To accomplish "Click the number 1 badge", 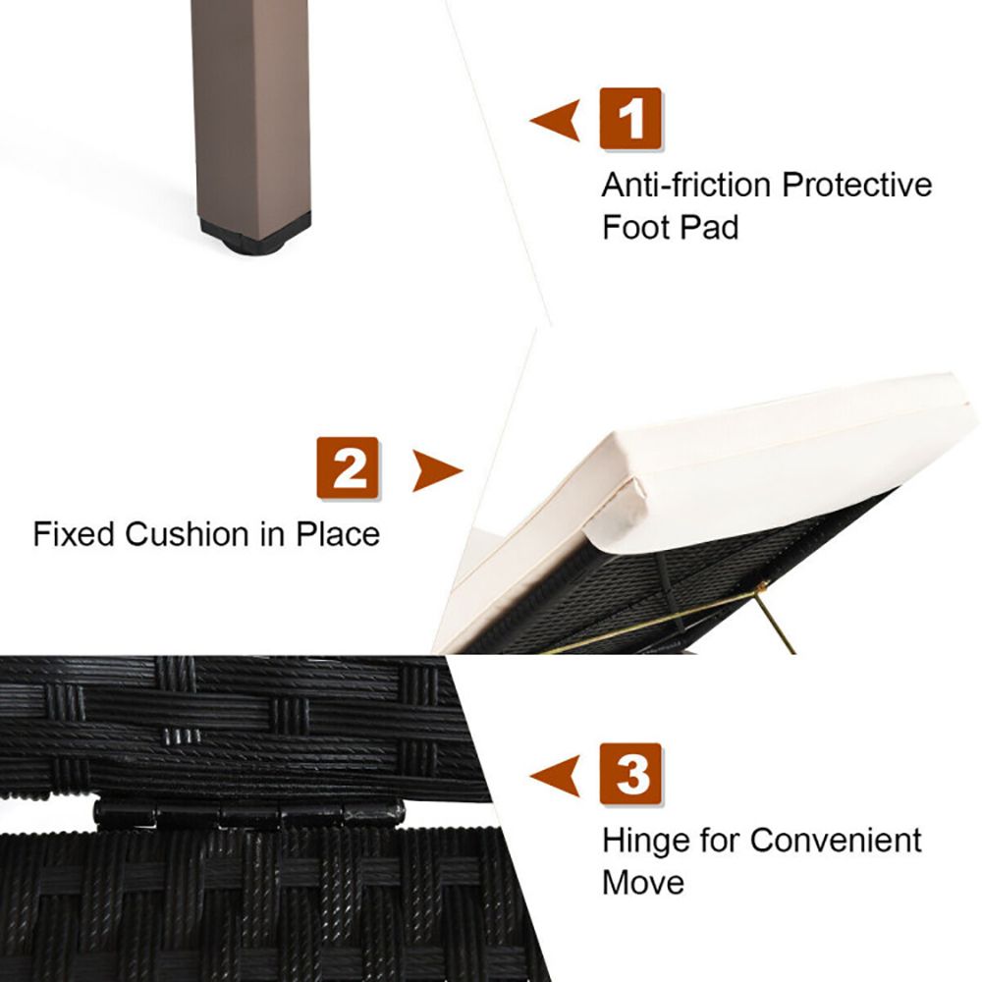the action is tap(630, 119).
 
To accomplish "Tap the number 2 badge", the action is tap(348, 467).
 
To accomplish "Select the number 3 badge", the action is tap(630, 774).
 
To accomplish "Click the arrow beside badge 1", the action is tap(555, 120).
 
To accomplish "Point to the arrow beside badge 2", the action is tap(438, 469).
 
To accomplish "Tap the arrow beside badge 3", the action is tap(555, 776).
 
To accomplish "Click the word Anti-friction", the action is tap(686, 185).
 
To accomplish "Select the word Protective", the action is tap(857, 185).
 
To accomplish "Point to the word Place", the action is tap(338, 535).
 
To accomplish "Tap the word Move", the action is tap(642, 882).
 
